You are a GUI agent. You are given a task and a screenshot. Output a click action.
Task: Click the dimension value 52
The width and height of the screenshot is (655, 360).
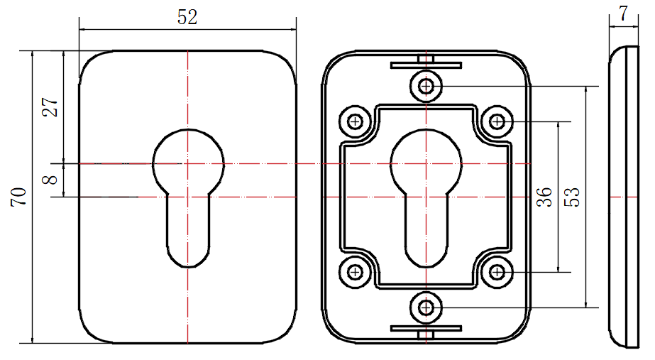[187, 18]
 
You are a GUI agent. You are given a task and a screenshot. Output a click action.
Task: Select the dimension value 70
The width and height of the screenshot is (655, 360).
[18, 197]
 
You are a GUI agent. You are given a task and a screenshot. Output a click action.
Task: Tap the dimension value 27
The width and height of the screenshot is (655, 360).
[50, 107]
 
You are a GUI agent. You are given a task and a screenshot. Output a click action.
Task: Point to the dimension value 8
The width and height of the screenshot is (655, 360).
[50, 180]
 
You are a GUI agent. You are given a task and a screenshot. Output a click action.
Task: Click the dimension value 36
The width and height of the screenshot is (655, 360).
[544, 197]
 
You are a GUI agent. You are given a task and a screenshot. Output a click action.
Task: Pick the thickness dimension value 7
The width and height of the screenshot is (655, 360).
[623, 13]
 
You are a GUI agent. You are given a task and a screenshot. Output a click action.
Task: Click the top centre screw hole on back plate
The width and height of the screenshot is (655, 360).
[426, 87]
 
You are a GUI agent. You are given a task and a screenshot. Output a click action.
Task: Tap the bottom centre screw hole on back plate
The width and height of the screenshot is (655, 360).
[426, 307]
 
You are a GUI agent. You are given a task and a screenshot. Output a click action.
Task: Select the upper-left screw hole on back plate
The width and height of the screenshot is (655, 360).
[355, 121]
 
